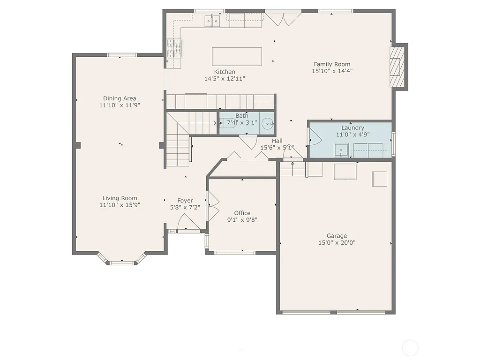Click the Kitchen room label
point(225,72)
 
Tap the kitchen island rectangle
point(237,57)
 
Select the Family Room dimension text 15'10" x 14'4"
point(332,71)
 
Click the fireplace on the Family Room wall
point(397,66)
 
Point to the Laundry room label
point(352,127)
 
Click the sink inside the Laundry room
point(342,150)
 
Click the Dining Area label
point(120,98)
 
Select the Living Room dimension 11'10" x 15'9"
point(120,205)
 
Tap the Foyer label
point(185,201)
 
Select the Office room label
point(242,213)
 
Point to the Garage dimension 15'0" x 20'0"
point(337,243)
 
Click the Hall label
point(277,141)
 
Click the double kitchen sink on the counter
point(212,21)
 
